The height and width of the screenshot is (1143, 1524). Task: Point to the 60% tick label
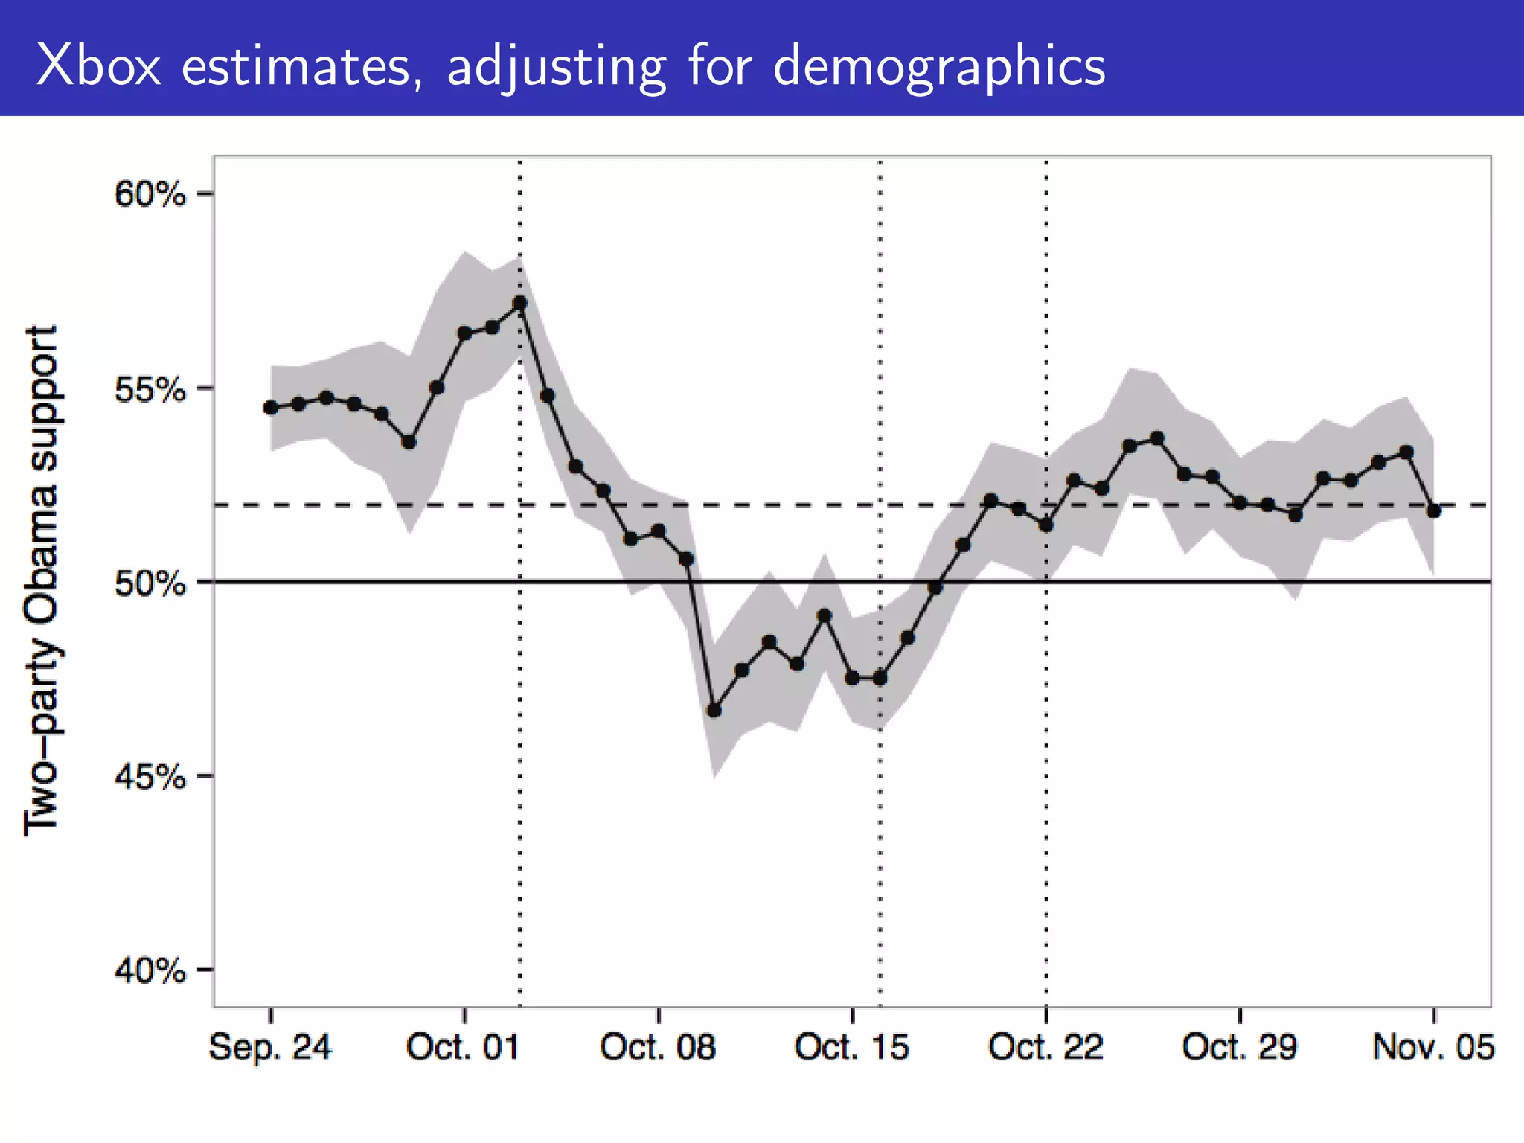click(x=150, y=195)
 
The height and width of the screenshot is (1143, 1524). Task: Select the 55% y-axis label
click(x=150, y=388)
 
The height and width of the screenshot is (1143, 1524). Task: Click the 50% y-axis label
click(x=150, y=583)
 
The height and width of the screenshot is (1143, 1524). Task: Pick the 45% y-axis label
click(x=150, y=777)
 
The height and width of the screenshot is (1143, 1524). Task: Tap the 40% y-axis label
click(x=150, y=970)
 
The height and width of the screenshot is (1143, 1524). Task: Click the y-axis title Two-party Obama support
click(x=41, y=580)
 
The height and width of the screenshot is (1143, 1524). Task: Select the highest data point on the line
click(x=520, y=303)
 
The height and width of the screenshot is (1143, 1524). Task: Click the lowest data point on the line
click(x=714, y=711)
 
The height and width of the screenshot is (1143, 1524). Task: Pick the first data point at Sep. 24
click(x=271, y=408)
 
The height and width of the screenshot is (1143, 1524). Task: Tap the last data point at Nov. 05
click(x=1434, y=510)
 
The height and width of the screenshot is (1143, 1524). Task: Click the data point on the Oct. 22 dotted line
click(x=1046, y=525)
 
